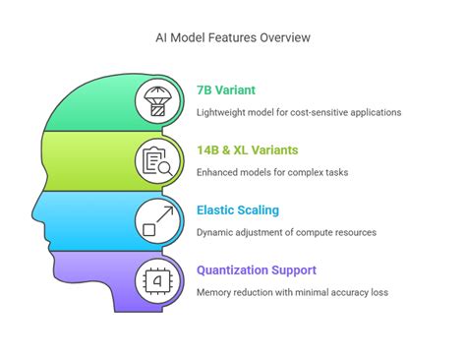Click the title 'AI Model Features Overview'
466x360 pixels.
[x=232, y=37]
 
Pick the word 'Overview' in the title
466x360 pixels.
[x=286, y=37]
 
